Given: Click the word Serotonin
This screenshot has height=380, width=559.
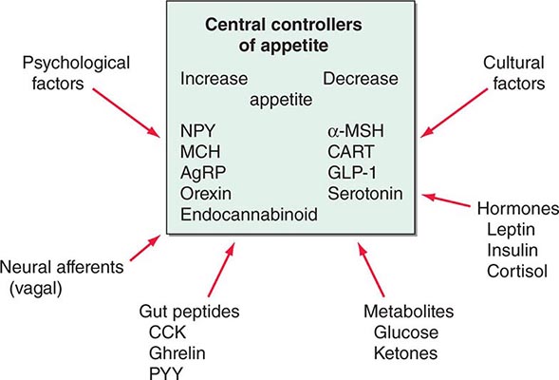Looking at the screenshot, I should (363, 195).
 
